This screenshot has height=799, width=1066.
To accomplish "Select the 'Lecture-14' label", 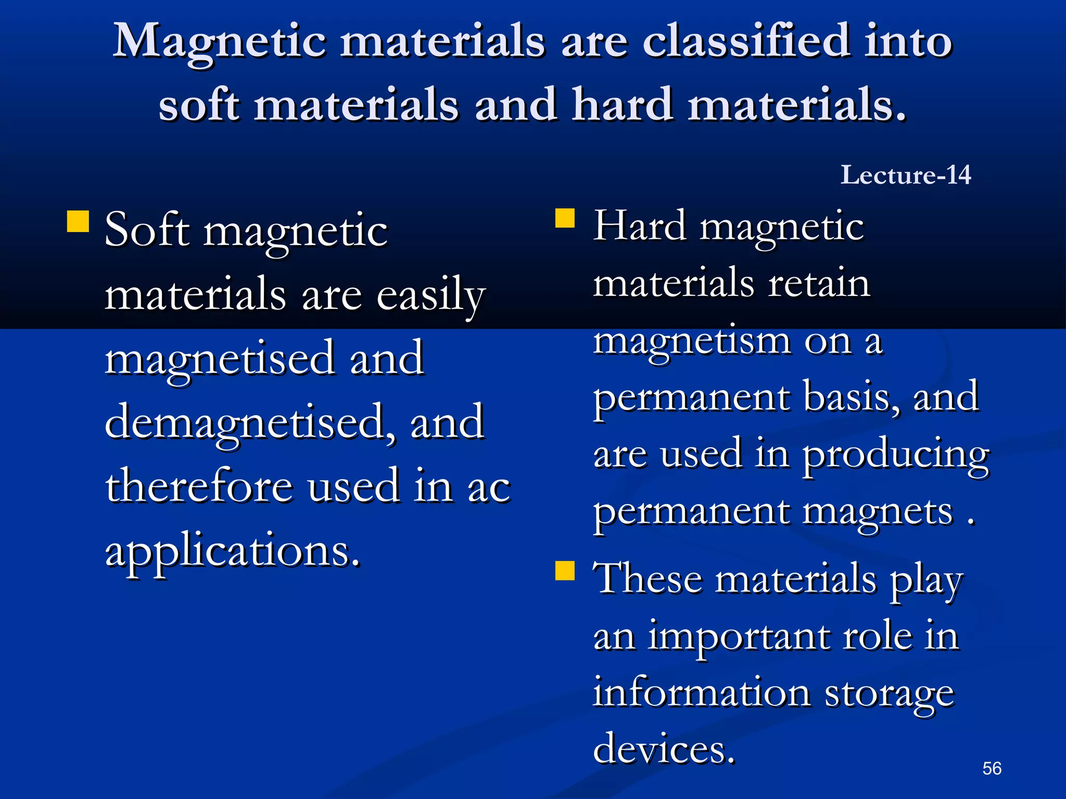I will (x=906, y=175).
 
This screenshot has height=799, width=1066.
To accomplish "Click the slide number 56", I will (x=992, y=768).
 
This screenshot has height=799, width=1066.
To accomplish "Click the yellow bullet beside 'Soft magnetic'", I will (x=78, y=221).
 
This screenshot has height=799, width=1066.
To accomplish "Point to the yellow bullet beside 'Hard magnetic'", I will (x=565, y=218).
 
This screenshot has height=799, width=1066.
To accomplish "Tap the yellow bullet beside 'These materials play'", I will (x=565, y=570).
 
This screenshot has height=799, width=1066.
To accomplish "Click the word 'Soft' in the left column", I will (x=147, y=230).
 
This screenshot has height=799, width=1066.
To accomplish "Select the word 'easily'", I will (x=430, y=295).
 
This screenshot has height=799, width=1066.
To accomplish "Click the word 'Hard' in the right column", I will (x=640, y=226).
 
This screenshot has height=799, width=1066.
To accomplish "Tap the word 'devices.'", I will (x=664, y=749).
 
